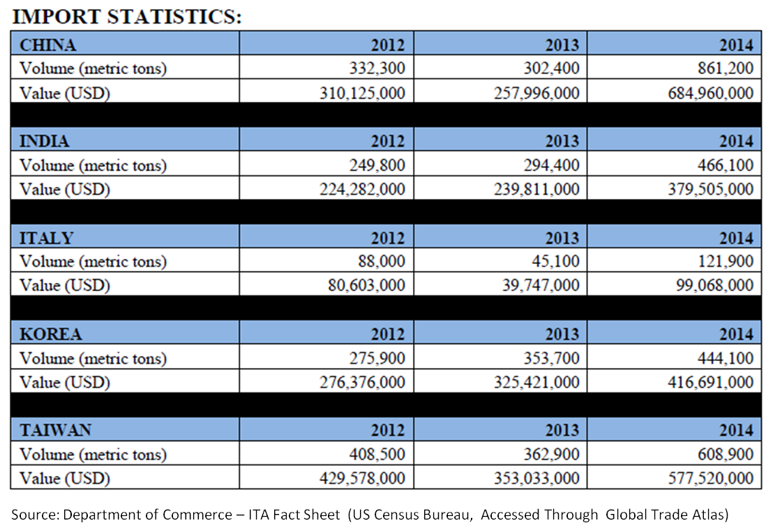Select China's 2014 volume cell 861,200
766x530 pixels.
coord(725,68)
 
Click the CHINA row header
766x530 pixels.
coord(48,45)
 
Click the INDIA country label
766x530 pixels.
coord(45,142)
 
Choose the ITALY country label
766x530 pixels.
coord(46,237)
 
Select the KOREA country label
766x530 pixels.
coord(50,334)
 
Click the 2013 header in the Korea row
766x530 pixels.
coord(562,334)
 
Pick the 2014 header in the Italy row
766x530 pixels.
coord(736,237)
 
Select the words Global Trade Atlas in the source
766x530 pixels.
coord(666,515)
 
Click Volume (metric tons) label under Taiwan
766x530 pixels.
coord(93,455)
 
